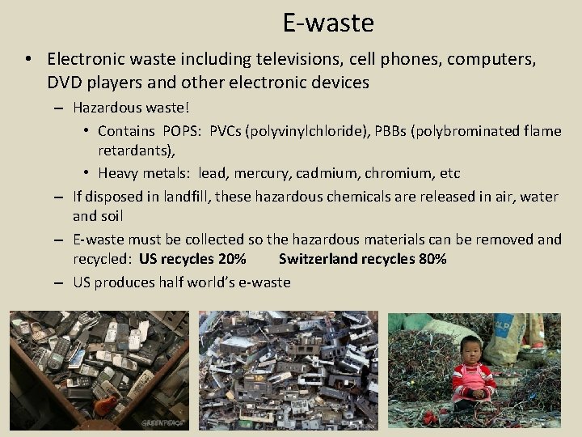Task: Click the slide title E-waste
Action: (328, 23)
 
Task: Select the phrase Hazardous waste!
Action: (130, 107)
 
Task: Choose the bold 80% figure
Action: (428, 259)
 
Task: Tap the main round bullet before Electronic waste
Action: (27, 59)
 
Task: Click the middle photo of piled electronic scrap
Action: (288, 369)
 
